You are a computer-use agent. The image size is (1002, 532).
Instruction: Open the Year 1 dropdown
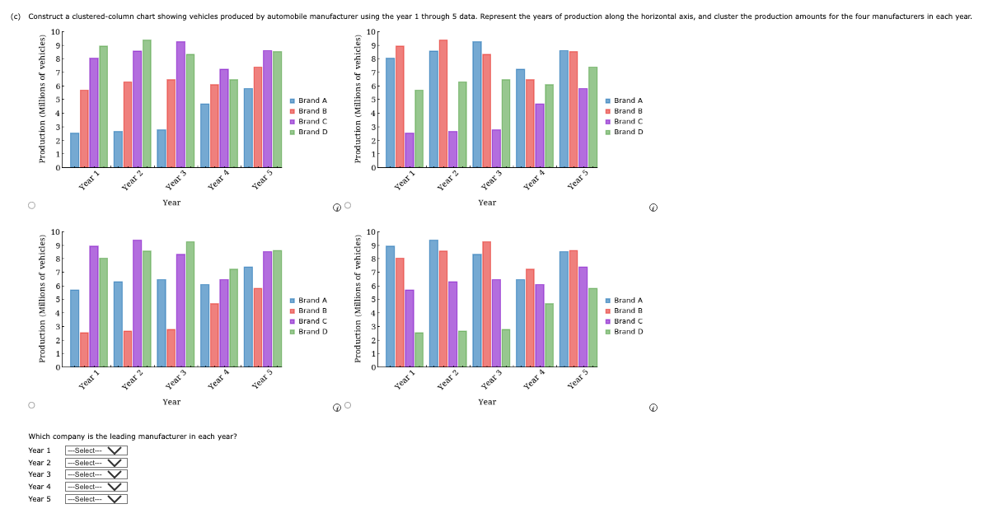click(96, 450)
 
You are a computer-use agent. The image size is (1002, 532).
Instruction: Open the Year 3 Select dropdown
click(96, 474)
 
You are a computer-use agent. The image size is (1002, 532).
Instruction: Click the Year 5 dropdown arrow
click(115, 499)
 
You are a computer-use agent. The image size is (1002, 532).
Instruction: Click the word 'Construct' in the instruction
click(44, 16)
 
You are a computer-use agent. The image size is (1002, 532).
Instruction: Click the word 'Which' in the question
click(38, 436)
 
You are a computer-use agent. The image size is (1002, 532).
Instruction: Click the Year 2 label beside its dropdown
click(40, 463)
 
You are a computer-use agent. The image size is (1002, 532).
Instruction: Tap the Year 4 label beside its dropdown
click(40, 487)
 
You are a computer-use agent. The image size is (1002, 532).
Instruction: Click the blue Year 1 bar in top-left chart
click(75, 150)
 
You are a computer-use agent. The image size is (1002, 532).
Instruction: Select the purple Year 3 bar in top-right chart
click(496, 148)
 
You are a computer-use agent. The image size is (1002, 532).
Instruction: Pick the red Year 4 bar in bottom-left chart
click(214, 334)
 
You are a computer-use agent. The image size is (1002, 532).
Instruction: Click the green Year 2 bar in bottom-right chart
click(462, 349)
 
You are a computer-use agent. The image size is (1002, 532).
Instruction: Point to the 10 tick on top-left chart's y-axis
click(54, 32)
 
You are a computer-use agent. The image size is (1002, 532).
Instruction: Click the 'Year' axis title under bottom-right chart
click(487, 402)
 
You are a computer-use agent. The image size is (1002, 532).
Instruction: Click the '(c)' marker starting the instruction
click(16, 16)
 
